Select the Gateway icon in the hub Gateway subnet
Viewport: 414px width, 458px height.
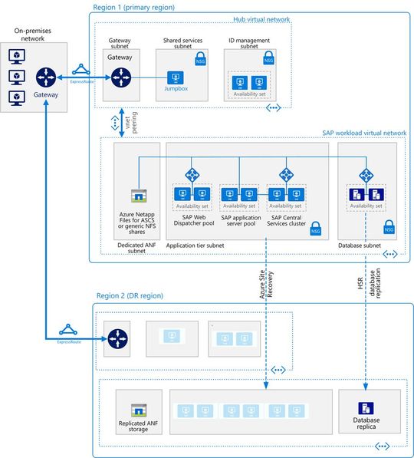pyautogui.click(x=120, y=77)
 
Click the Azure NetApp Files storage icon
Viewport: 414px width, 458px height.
pyautogui.click(x=138, y=196)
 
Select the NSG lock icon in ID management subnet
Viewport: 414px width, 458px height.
pyautogui.click(x=268, y=58)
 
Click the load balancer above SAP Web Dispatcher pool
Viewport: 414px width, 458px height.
pyautogui.click(x=192, y=175)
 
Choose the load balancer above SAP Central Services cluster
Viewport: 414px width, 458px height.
pyautogui.click(x=286, y=175)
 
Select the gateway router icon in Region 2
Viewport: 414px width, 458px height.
pyautogui.click(x=120, y=337)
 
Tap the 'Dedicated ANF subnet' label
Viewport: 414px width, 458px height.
pyautogui.click(x=137, y=246)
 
